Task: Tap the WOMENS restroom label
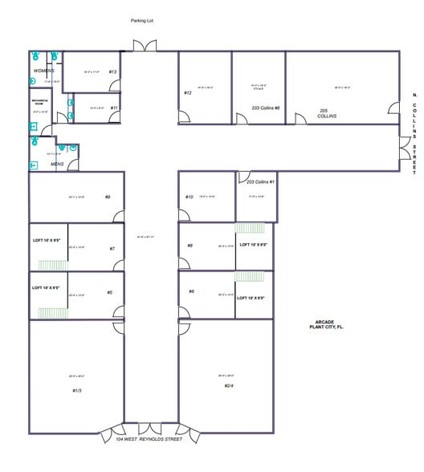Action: pyautogui.click(x=44, y=71)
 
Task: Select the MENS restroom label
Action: pyautogui.click(x=57, y=165)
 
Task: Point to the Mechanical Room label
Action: pyautogui.click(x=40, y=103)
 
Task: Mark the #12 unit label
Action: pyautogui.click(x=187, y=93)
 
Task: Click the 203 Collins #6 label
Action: pyautogui.click(x=265, y=108)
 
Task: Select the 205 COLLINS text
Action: pyautogui.click(x=325, y=113)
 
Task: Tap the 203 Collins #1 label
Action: pyautogui.click(x=261, y=182)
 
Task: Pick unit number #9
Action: pyautogui.click(x=107, y=197)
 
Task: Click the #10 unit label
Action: pyautogui.click(x=190, y=197)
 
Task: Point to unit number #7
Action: pyautogui.click(x=112, y=248)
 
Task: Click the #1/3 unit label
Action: pyautogui.click(x=77, y=390)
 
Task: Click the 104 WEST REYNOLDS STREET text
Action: pyautogui.click(x=149, y=439)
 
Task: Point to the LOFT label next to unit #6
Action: pyautogui.click(x=251, y=298)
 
